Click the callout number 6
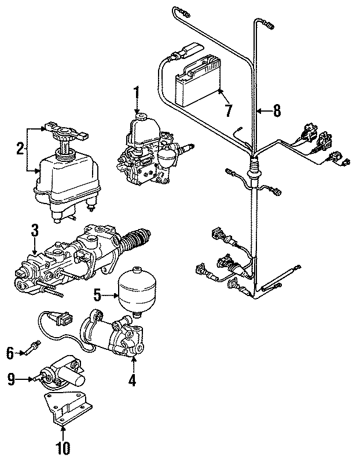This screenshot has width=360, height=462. tap(10, 350)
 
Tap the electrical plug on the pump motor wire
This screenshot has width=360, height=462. tap(63, 317)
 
